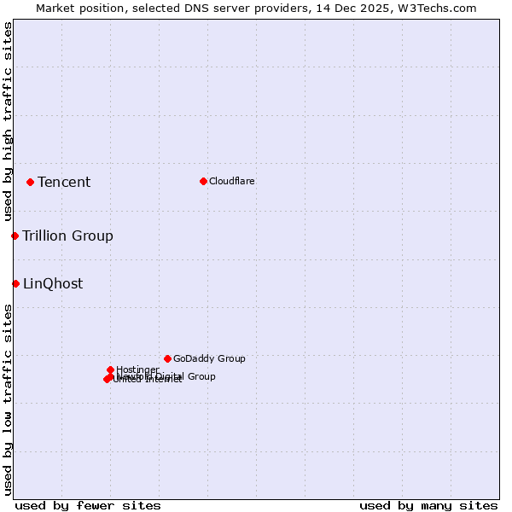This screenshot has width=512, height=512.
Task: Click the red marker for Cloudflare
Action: (x=203, y=181)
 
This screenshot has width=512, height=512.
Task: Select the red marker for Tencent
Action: (x=30, y=182)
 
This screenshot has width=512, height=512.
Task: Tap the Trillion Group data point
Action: (x=15, y=236)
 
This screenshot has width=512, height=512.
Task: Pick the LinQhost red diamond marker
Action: (x=15, y=283)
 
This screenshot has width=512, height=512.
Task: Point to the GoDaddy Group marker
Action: (x=167, y=358)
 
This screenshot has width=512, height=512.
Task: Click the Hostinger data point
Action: (x=110, y=369)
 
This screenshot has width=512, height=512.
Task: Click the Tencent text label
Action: (x=64, y=182)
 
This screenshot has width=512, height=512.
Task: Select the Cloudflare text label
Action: (x=232, y=181)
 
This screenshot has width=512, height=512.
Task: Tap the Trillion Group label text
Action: (x=67, y=236)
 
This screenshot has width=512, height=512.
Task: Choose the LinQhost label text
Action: (x=53, y=283)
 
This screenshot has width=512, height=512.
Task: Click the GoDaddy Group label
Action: (x=209, y=358)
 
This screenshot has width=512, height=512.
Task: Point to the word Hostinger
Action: (x=137, y=369)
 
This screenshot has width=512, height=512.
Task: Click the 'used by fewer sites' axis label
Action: (x=88, y=505)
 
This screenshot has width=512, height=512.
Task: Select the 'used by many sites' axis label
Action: (x=428, y=505)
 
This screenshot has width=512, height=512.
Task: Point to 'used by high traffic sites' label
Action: (x=8, y=122)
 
